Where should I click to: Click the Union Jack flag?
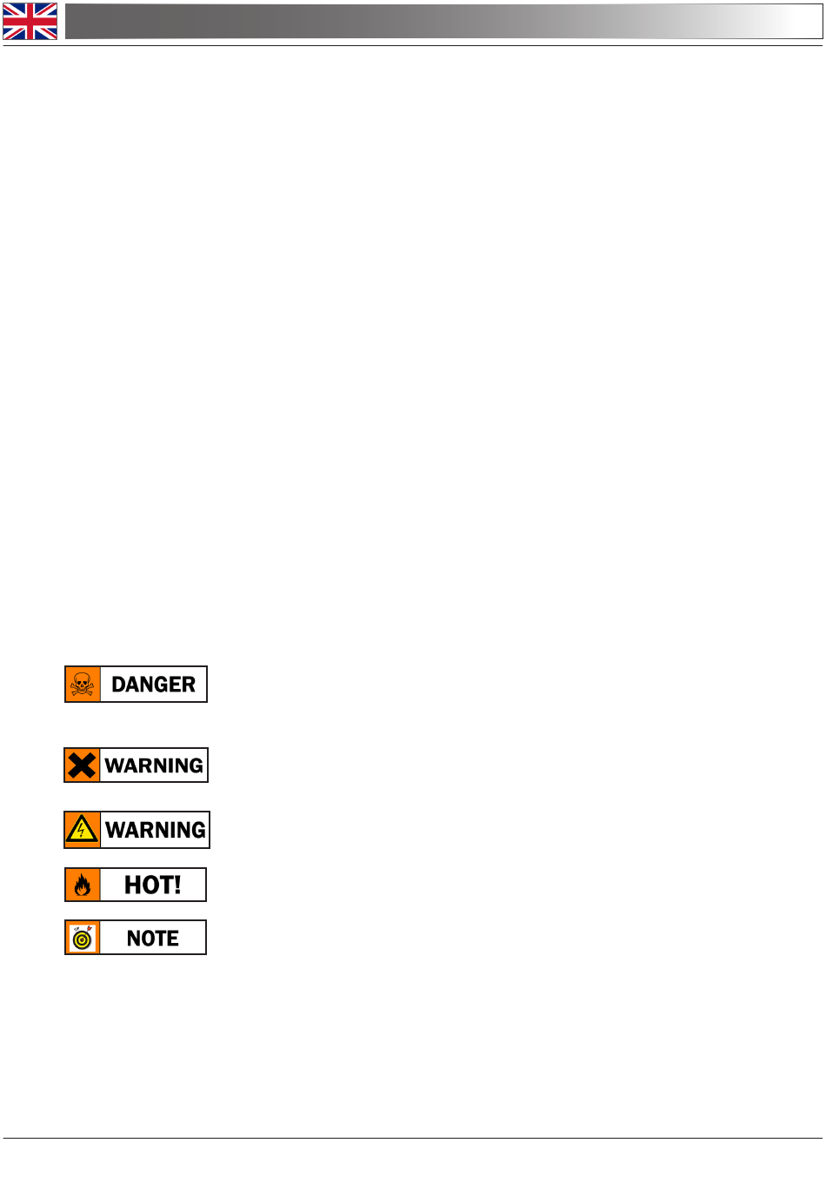[x=30, y=21]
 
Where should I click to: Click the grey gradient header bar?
[x=443, y=21]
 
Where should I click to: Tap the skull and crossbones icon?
[x=82, y=684]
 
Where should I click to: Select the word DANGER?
[x=153, y=685]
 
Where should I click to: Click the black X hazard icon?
[x=82, y=765]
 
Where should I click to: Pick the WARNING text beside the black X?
[x=154, y=765]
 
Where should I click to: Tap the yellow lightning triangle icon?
[x=81, y=829]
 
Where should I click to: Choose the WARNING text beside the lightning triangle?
[x=155, y=830]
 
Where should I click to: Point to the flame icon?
[x=82, y=886]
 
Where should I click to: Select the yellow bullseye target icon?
[x=82, y=940]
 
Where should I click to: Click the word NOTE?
[x=152, y=939]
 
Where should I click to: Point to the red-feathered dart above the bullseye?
[x=89, y=928]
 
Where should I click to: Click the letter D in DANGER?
[x=119, y=685]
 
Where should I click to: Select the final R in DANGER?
[x=189, y=685]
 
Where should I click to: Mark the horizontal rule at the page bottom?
[x=413, y=1138]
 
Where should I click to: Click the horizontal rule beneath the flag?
[x=413, y=46]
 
